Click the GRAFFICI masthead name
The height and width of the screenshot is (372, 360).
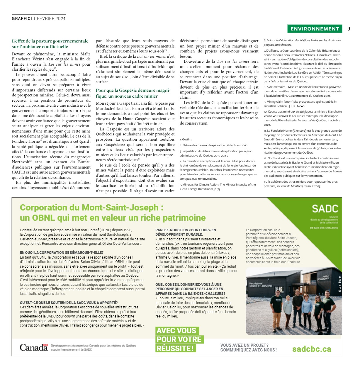point(22,18)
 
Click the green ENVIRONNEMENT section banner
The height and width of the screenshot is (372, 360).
point(315,29)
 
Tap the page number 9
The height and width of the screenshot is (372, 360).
point(349,29)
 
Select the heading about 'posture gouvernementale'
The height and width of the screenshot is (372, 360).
point(50,44)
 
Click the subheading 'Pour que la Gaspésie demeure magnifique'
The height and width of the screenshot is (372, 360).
point(133,93)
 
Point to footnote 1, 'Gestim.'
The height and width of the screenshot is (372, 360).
point(186,140)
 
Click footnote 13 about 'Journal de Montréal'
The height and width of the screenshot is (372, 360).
point(301,184)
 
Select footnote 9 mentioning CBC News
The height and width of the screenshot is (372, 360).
point(300,104)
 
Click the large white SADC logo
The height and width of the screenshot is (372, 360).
point(325,209)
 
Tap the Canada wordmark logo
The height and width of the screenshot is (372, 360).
point(33,348)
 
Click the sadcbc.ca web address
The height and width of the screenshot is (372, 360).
point(312,349)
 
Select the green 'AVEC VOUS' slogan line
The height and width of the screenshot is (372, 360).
point(177,331)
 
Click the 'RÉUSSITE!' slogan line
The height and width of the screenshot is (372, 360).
point(175,349)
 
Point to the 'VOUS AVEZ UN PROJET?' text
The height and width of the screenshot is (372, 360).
point(244,345)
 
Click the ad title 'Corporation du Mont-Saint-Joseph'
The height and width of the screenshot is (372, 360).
point(91,208)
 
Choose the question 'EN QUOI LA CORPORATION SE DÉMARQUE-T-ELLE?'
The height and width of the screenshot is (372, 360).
point(62,252)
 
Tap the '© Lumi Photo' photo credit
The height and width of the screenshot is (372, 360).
point(339,284)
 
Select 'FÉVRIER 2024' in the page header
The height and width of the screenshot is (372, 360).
point(51,18)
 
